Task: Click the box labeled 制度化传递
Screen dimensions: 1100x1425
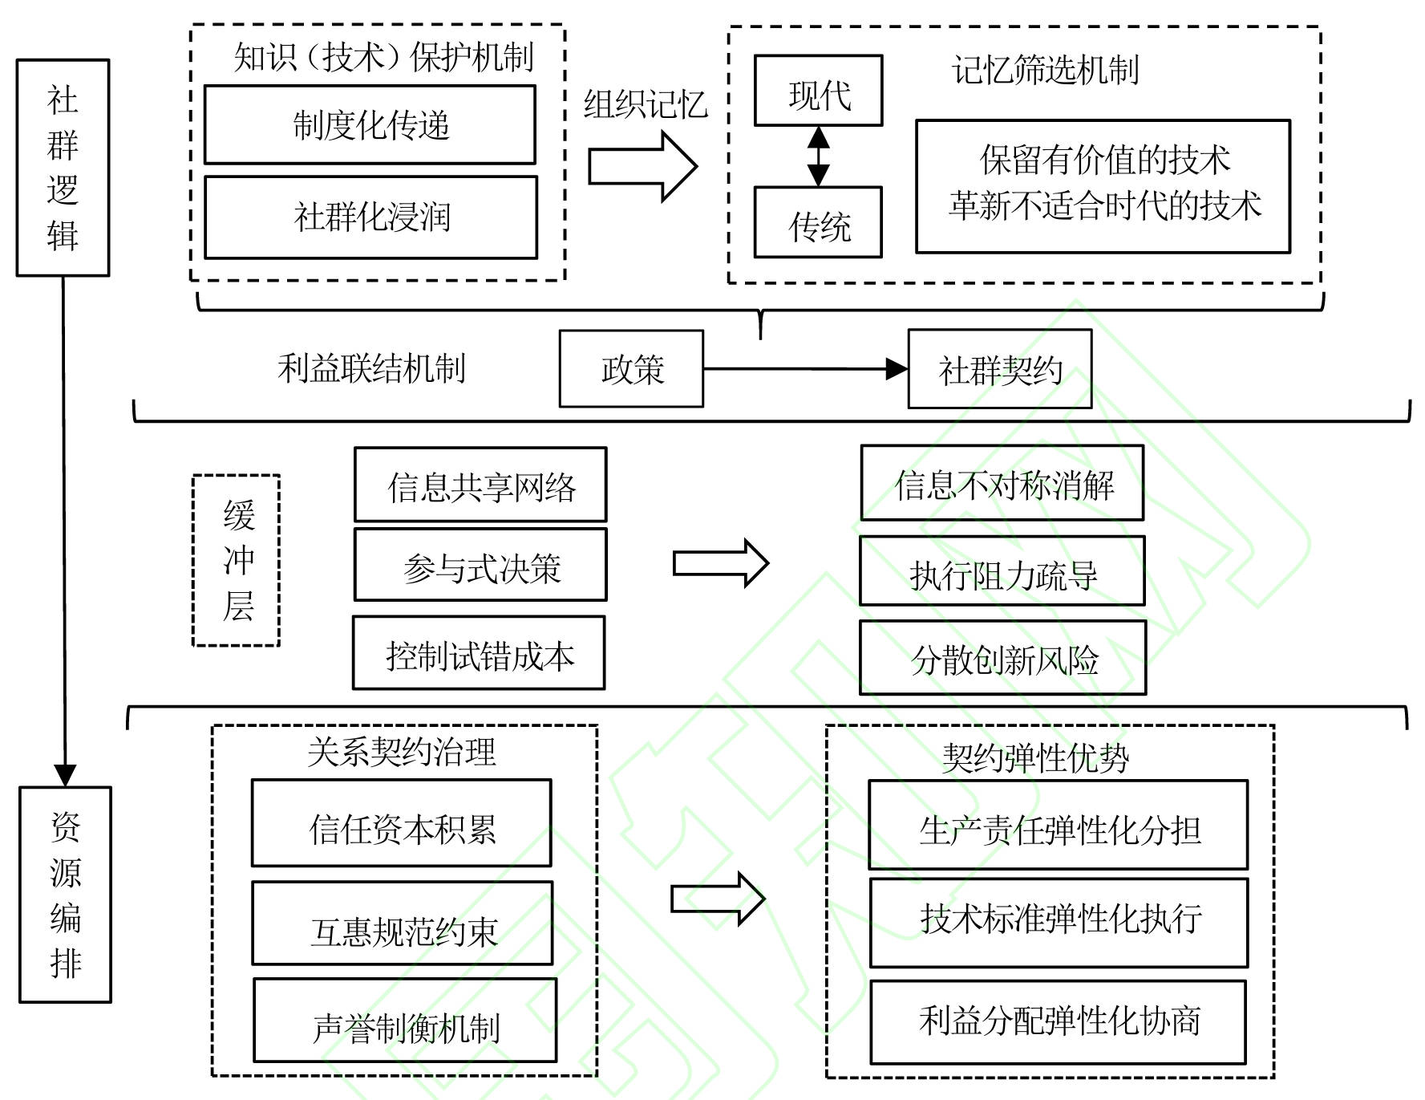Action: click(370, 125)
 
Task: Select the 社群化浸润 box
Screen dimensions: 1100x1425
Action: click(370, 217)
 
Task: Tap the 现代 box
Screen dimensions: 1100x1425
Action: click(818, 91)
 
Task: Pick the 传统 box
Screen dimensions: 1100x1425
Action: click(818, 223)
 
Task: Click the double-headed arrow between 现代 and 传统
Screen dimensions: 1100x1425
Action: click(818, 156)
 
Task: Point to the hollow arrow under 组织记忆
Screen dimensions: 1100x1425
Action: click(642, 167)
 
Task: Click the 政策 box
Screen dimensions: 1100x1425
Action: click(631, 369)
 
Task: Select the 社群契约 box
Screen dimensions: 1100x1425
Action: click(999, 369)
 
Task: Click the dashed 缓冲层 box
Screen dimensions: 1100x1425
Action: click(237, 560)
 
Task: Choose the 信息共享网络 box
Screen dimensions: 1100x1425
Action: click(480, 485)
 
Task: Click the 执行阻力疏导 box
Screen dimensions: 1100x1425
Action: click(1002, 571)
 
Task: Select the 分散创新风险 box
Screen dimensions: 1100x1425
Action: click(1002, 658)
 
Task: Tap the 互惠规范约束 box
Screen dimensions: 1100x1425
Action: click(403, 923)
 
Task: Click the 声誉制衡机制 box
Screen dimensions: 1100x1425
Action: click(405, 1021)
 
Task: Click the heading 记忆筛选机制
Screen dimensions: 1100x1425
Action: click(1045, 71)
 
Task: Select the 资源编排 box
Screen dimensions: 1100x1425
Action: click(65, 895)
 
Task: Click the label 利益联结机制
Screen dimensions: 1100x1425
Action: click(371, 369)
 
